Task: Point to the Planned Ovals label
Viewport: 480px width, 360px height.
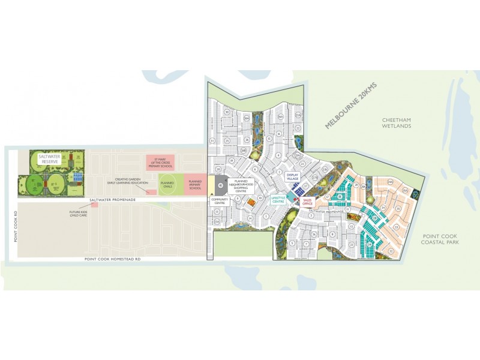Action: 167,184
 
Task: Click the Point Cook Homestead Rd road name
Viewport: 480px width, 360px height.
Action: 112,259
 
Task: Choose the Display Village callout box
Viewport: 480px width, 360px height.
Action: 292,178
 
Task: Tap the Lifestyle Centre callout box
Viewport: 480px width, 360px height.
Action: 278,199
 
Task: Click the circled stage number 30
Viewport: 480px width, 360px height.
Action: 227,112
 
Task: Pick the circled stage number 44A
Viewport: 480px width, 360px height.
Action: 390,182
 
